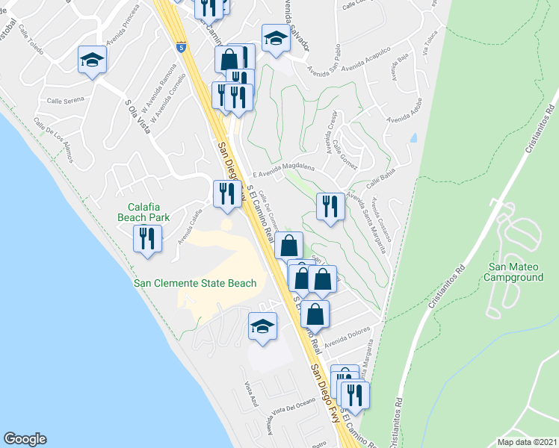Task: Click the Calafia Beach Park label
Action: coord(148,212)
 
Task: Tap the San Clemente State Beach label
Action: coord(194,283)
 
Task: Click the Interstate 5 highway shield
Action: coord(181,47)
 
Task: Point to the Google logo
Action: coord(25,439)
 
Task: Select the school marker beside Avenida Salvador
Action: coord(275,39)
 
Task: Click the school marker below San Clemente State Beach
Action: coord(263,326)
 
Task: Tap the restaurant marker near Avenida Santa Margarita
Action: coord(330,205)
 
